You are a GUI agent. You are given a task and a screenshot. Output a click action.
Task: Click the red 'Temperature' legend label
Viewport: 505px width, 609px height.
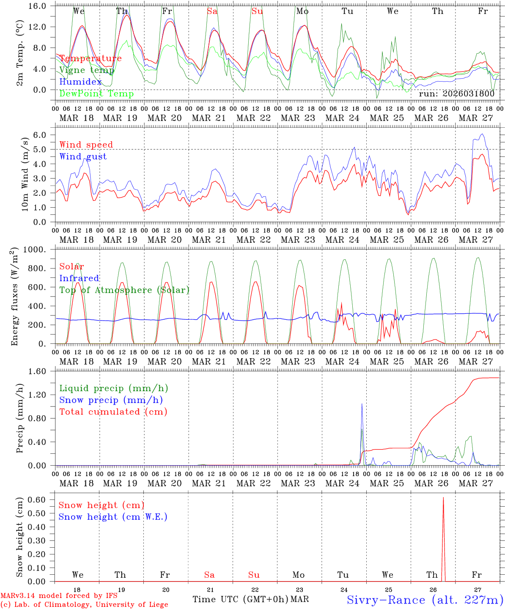(x=90, y=58)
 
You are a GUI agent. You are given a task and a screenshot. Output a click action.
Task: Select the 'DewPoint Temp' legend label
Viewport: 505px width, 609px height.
(x=96, y=94)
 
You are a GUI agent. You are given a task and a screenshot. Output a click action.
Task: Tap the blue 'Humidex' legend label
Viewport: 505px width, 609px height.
(x=80, y=82)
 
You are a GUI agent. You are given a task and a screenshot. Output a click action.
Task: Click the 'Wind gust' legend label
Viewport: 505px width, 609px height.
(x=83, y=156)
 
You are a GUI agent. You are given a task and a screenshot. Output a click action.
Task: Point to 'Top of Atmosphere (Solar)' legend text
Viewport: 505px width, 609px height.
(x=124, y=290)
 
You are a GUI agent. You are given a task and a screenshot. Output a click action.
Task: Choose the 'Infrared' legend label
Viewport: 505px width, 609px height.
(x=79, y=278)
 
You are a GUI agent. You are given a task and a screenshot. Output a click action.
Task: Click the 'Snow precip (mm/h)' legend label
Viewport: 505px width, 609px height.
(x=111, y=400)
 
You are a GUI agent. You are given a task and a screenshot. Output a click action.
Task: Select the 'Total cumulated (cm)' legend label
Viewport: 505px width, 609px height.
(x=113, y=412)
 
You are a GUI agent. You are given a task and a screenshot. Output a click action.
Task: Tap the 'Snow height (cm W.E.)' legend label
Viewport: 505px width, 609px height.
(x=113, y=517)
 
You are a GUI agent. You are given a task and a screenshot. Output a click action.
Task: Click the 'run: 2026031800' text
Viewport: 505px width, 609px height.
(x=456, y=94)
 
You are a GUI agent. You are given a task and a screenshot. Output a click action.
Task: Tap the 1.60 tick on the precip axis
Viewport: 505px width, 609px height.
(x=42, y=371)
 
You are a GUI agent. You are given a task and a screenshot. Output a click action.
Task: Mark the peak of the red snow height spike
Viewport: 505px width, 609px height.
(x=443, y=498)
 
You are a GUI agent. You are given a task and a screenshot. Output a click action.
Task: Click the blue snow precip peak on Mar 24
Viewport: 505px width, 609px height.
(x=362, y=404)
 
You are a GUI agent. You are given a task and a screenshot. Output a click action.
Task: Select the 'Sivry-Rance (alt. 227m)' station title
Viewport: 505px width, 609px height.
(x=425, y=600)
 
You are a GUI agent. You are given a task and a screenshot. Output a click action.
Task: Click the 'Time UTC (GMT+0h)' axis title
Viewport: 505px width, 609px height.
(x=240, y=599)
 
